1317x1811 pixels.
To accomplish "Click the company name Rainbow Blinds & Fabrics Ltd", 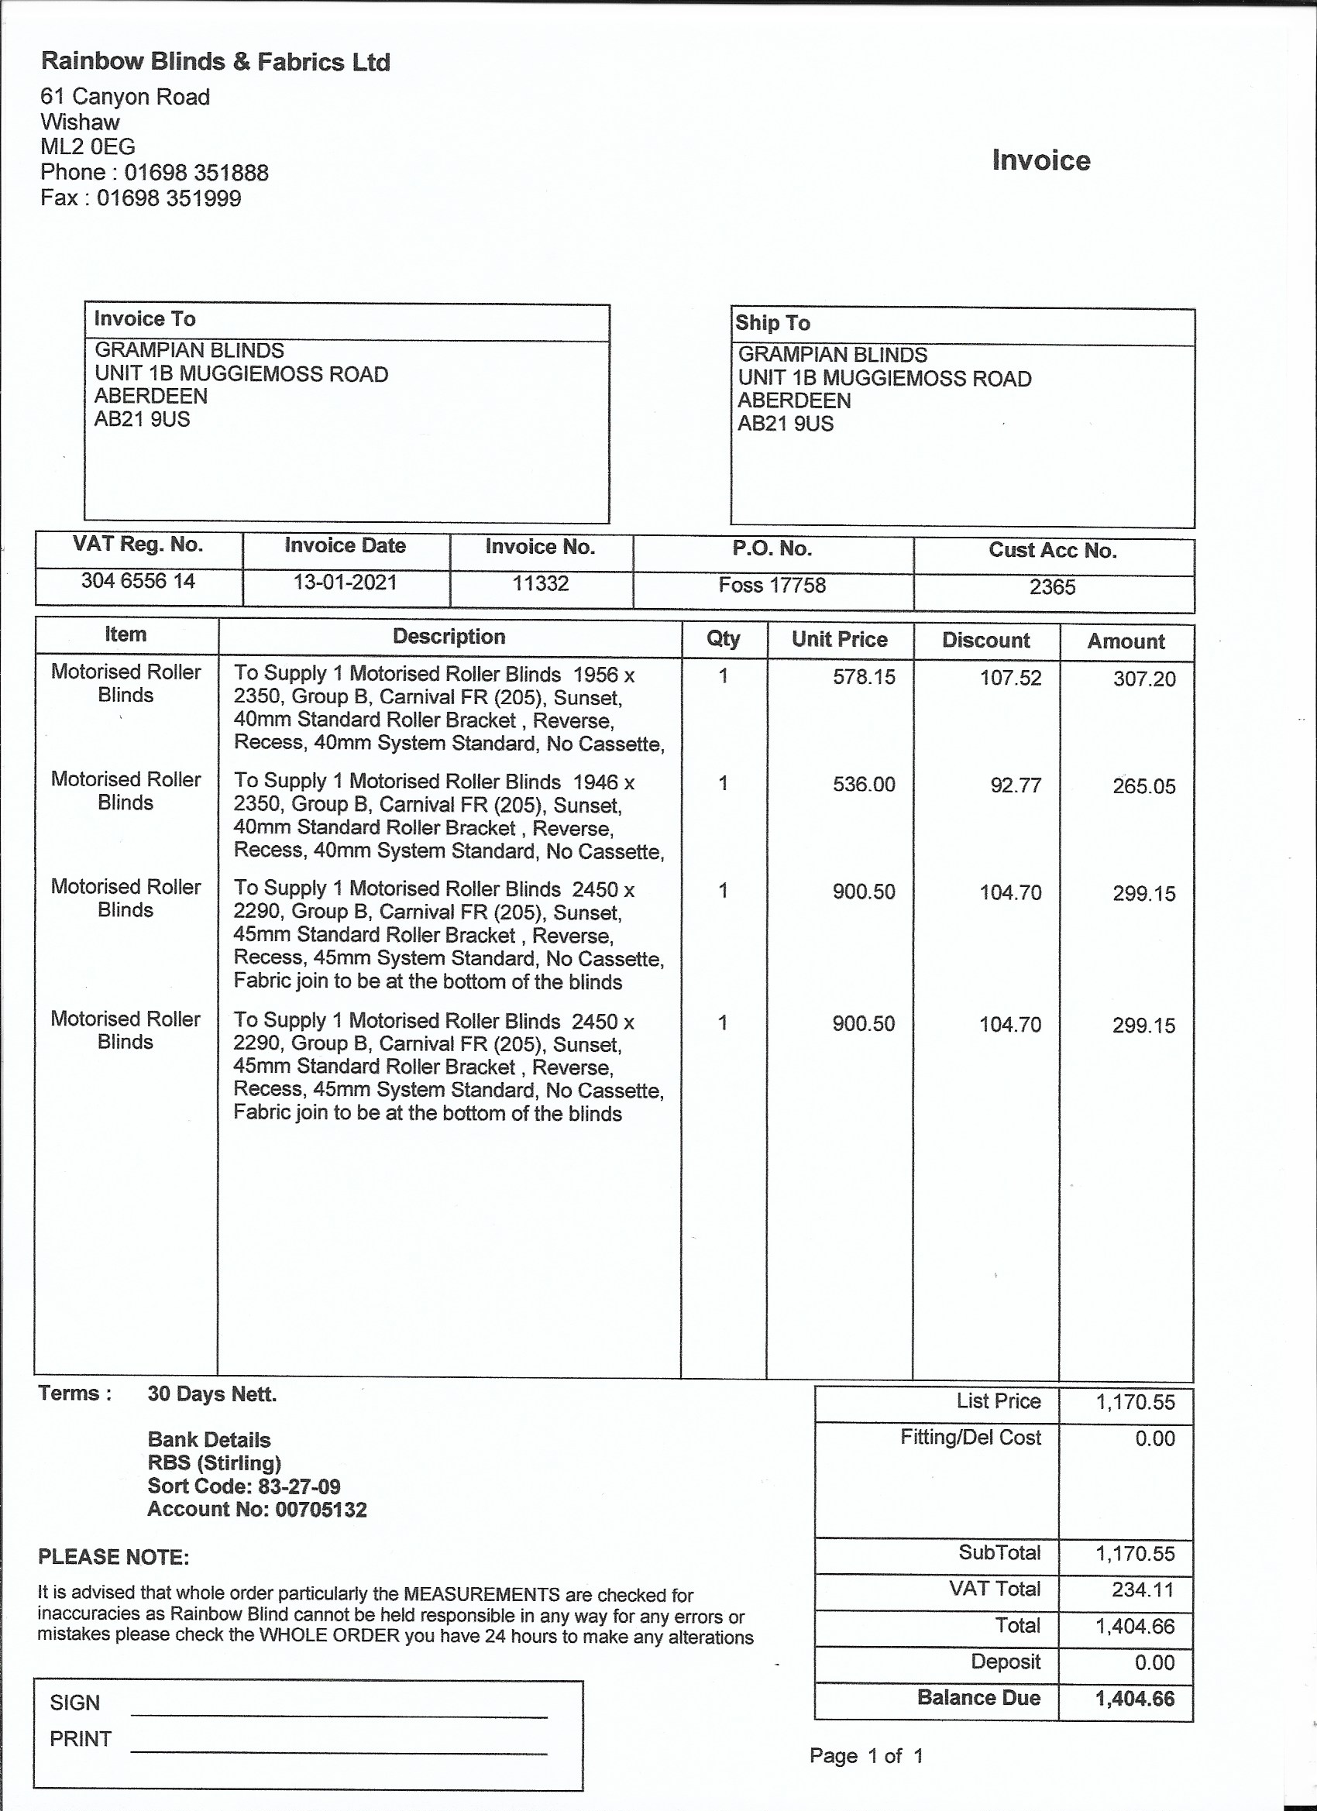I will (215, 61).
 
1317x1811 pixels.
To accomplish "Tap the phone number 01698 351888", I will (196, 173).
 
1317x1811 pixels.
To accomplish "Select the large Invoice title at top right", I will (1040, 160).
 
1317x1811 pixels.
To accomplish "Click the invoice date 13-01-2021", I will (345, 582).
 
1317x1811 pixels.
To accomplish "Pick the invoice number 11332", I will (541, 584).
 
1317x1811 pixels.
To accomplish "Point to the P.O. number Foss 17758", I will (772, 586).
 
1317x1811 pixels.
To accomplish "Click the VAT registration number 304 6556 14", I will (138, 580).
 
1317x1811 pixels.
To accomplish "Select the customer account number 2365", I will (1052, 588).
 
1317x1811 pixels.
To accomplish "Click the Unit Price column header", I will (840, 640).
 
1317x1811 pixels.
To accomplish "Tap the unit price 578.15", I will (863, 677).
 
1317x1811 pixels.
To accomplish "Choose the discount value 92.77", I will (1015, 785).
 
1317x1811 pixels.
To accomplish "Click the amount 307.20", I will (1143, 679).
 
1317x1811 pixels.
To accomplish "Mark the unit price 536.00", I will (863, 784).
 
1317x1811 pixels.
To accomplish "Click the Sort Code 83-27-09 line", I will (243, 1486).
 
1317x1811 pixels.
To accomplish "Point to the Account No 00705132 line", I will (256, 1509).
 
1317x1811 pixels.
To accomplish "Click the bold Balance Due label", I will (978, 1698).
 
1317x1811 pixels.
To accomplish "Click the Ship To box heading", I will (772, 322).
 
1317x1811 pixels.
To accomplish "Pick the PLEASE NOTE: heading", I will (113, 1557).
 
